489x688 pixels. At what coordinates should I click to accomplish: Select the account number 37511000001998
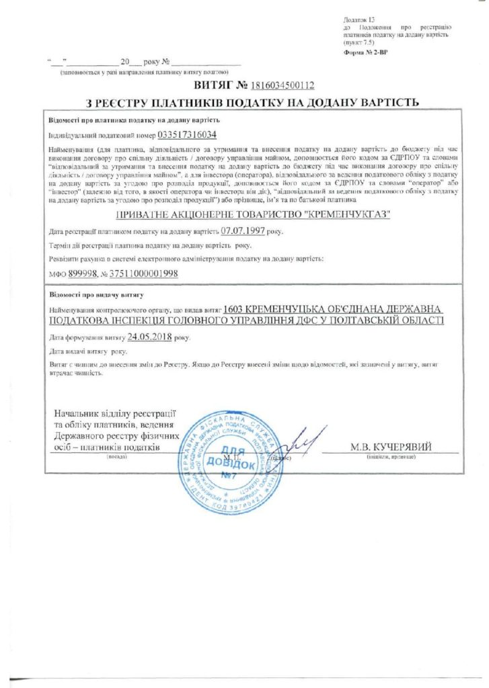click(144, 274)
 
